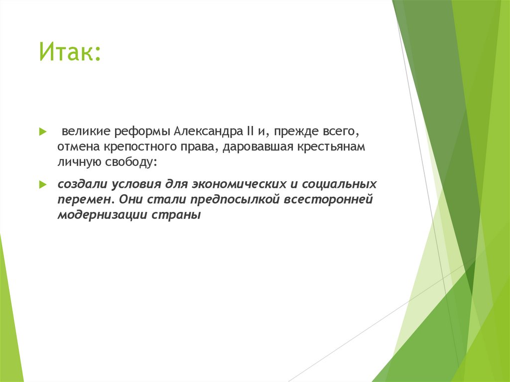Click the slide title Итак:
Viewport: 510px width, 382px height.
[x=70, y=52]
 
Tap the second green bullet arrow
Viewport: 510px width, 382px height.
[x=43, y=184]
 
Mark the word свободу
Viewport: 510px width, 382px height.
[x=130, y=162]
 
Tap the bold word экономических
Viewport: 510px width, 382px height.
[x=233, y=184]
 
